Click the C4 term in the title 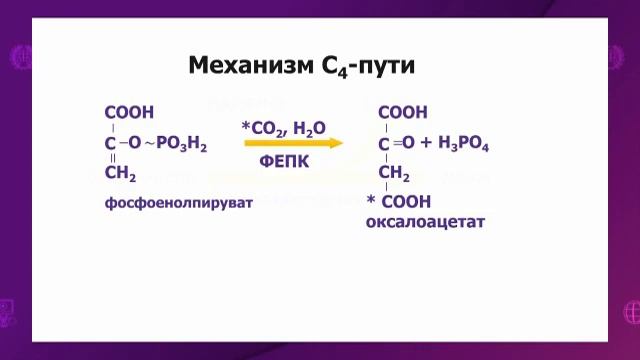tap(339, 67)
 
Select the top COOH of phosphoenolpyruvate tap(129, 112)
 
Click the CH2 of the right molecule tap(394, 175)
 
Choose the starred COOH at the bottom tap(405, 202)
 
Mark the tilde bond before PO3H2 tap(148, 145)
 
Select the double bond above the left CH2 tap(112, 160)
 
